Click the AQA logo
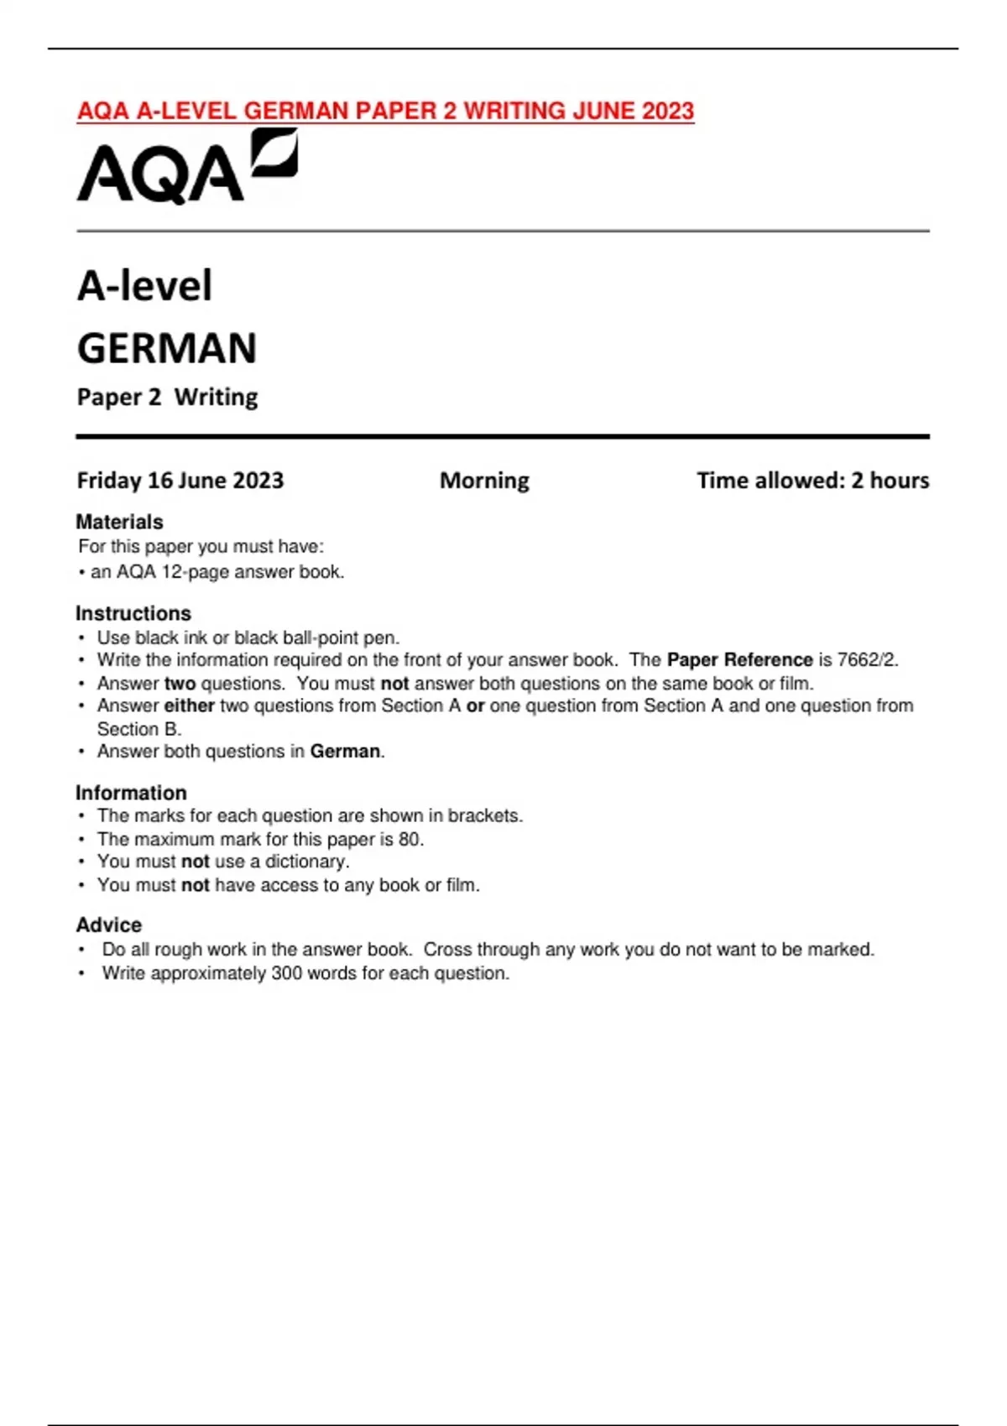(x=186, y=168)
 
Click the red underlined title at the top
(x=385, y=111)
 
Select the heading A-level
(x=144, y=285)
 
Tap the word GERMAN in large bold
(x=167, y=348)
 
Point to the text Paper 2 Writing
(x=167, y=397)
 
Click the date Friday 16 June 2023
(x=180, y=481)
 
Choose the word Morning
(x=484, y=481)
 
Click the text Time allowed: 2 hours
(x=812, y=481)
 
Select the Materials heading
(x=119, y=522)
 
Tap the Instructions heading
(x=133, y=613)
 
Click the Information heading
(x=131, y=793)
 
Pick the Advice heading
(x=109, y=924)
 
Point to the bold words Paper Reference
(x=739, y=660)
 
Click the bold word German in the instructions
(x=345, y=752)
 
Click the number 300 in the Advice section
(x=288, y=973)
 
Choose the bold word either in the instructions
(x=189, y=705)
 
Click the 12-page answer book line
(x=217, y=572)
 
